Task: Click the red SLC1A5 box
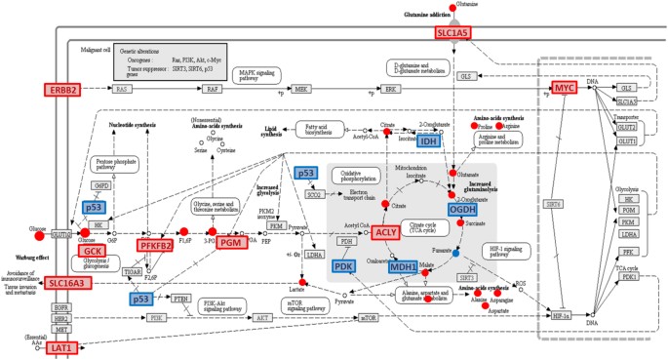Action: point(452,33)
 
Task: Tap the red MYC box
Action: point(564,88)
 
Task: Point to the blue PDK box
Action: point(343,266)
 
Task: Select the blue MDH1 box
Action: point(403,266)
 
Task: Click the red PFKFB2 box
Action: point(154,246)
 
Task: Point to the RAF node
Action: point(212,89)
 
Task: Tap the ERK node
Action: point(391,89)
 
